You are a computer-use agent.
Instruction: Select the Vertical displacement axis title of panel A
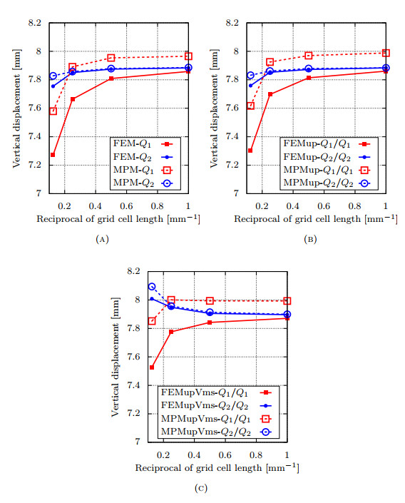(15, 108)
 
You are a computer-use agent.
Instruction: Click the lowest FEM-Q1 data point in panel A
(53, 155)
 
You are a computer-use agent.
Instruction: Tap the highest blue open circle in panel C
(152, 287)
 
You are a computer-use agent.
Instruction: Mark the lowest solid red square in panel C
(152, 367)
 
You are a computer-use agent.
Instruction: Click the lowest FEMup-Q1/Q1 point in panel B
(250, 151)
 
